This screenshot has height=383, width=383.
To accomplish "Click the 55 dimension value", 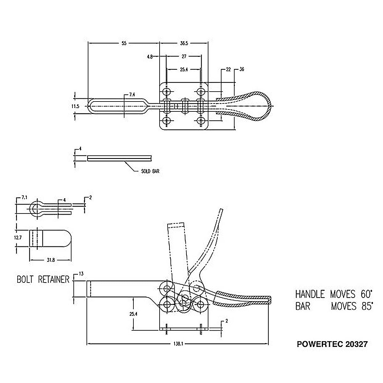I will pos(124,43).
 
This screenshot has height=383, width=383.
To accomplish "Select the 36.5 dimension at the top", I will pos(184,43).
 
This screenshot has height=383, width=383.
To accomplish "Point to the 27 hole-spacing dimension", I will pos(184,56).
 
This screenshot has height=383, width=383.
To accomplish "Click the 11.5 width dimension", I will pos(76,106).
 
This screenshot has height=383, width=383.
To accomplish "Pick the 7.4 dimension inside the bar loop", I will pos(132,95).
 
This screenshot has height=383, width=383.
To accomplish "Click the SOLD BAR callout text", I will pos(150,171).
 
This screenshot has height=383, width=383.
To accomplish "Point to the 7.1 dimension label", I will pos(24,198).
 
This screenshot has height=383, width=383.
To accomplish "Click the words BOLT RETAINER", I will pos(43,280).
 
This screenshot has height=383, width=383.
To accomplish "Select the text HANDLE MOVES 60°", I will pos(334,294).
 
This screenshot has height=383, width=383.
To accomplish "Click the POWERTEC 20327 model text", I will pos(332,344).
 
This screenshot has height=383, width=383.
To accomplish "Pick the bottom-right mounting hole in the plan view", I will pos(201,121).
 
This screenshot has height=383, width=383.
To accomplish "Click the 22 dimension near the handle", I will pos(228,69).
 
